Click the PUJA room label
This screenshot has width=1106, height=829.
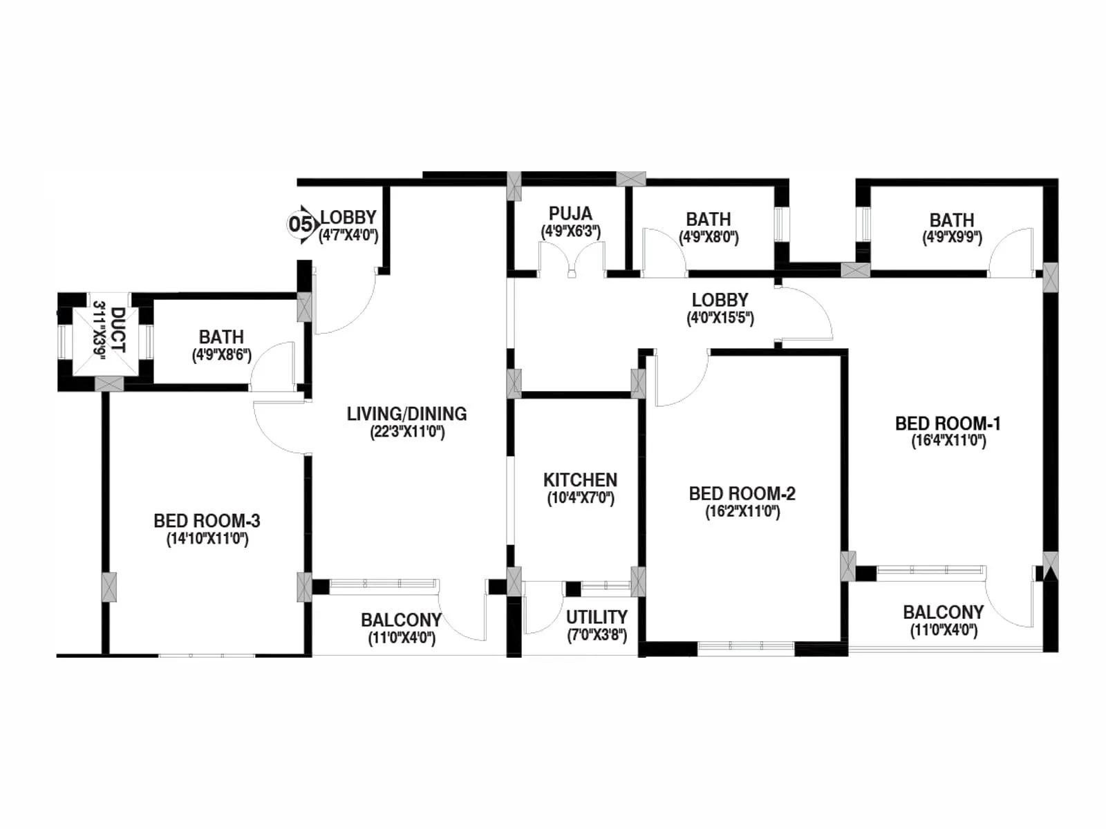click(570, 213)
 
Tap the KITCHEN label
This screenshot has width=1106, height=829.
click(580, 479)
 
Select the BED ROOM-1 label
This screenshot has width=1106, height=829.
click(947, 423)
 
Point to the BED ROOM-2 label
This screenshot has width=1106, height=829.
click(742, 493)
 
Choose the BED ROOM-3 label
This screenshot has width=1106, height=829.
click(207, 520)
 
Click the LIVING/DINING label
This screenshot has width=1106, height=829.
click(406, 414)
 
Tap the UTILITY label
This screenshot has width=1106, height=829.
click(597, 616)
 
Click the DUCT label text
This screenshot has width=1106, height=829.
click(118, 330)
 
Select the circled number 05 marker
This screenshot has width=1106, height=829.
click(299, 224)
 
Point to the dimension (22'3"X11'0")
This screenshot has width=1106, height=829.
click(407, 432)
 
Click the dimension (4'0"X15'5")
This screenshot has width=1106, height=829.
click(720, 318)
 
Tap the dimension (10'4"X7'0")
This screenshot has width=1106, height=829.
click(581, 498)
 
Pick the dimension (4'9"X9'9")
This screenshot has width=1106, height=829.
click(952, 238)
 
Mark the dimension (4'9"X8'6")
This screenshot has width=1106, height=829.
click(221, 356)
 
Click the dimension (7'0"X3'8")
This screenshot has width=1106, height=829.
click(597, 635)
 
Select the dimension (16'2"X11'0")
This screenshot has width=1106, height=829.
click(742, 512)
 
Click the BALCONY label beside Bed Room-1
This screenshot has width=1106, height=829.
click(943, 612)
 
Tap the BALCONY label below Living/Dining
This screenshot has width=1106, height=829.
click(401, 620)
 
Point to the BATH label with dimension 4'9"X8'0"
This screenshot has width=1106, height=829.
click(709, 219)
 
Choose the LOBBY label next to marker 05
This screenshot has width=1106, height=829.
click(348, 217)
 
